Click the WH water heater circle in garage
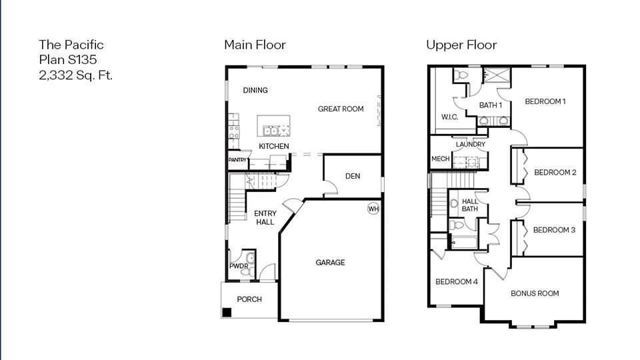[x=373, y=209]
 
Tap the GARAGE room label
[x=330, y=263]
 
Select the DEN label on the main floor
[x=353, y=176]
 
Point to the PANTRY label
[x=238, y=160]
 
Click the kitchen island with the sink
[x=274, y=126]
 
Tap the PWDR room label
[x=239, y=266]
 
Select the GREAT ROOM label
[x=340, y=109]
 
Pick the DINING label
[x=255, y=91]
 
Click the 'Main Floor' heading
[x=255, y=45]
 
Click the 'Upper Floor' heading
[x=461, y=45]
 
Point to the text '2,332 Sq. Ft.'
[x=75, y=75]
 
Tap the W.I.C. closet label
[x=450, y=117]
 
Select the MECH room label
[x=440, y=159]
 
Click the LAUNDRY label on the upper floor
[x=470, y=144]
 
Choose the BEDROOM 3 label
[x=554, y=230]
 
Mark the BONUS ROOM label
[x=535, y=293]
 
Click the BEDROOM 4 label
[x=456, y=282]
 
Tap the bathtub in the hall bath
[x=465, y=241]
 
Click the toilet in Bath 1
[x=461, y=75]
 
